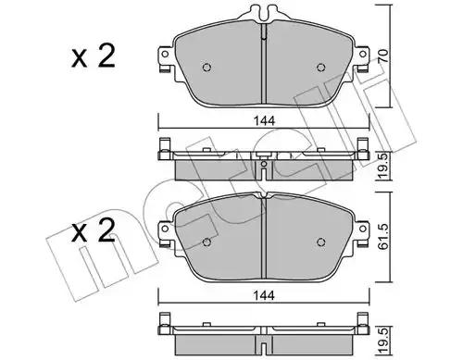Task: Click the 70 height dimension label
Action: point(383,56)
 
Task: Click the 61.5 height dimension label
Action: point(383,237)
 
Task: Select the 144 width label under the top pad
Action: point(264,121)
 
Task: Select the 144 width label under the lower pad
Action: point(264,295)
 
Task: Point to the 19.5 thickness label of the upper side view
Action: point(383,167)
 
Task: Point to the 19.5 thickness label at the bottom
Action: point(383,341)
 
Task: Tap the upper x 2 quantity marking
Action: point(94,56)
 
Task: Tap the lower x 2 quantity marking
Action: point(94,230)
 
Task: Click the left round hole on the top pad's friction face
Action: point(206,68)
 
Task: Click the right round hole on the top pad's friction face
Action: point(321,68)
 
